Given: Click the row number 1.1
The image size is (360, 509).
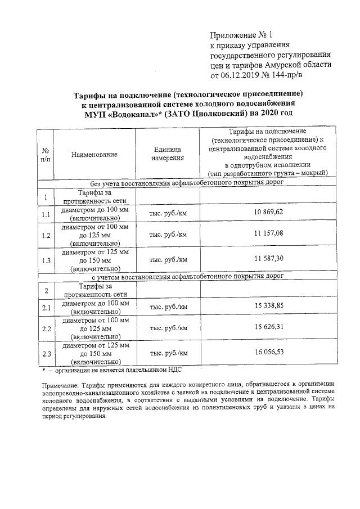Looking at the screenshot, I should (46, 214).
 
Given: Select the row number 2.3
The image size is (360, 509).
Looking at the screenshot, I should (46, 354).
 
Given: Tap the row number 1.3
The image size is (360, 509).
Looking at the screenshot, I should (46, 260).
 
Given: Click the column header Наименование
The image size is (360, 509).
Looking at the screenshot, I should (94, 154).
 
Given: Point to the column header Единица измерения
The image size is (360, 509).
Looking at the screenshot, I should (167, 154).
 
